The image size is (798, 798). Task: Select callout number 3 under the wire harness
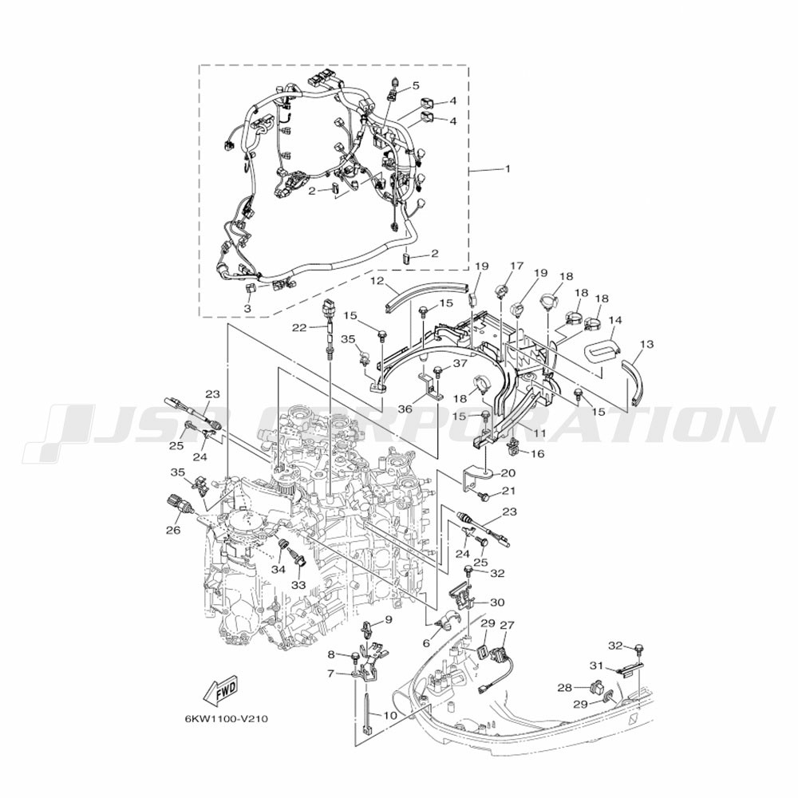tap(247, 307)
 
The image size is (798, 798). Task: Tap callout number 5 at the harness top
tap(415, 85)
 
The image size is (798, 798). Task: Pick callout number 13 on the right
tap(646, 344)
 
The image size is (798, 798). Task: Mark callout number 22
tap(298, 327)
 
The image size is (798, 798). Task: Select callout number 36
tap(405, 409)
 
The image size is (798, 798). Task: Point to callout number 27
tap(508, 626)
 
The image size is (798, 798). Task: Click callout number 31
tap(595, 666)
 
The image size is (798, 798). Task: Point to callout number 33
tap(298, 585)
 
